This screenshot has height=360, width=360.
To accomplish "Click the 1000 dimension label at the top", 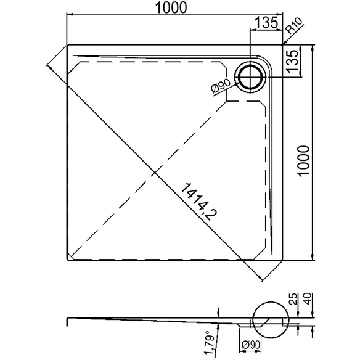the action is coord(171,8).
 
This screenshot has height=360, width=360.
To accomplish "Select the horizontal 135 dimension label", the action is coord(266,23).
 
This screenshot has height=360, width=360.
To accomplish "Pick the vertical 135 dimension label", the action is coord(292,61).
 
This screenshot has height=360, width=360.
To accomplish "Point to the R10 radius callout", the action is coord(294,25).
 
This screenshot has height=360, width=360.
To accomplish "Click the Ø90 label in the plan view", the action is coord(221,86).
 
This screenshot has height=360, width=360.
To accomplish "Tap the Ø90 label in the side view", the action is coord(250,345).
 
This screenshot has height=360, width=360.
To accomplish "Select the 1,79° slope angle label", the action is coord(210,343).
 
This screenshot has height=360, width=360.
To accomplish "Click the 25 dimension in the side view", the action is coord(294,299).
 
